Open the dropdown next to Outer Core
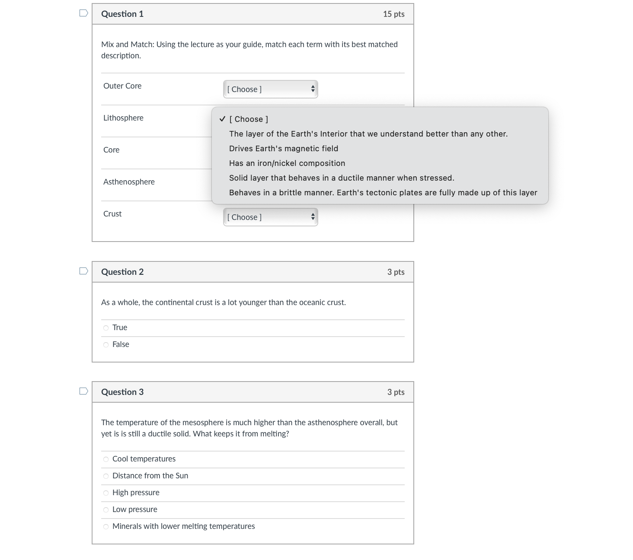[x=271, y=89]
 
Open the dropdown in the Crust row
[x=271, y=217]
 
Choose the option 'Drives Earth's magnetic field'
[x=284, y=149]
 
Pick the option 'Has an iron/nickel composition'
[x=287, y=163]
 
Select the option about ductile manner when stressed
[x=342, y=178]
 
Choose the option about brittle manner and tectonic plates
[x=383, y=193]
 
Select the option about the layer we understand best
[x=368, y=134]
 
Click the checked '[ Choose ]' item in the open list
[x=249, y=119]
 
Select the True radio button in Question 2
[x=106, y=328]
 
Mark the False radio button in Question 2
[x=106, y=345]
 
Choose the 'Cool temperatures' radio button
[x=106, y=459]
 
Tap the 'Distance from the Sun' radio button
[x=106, y=476]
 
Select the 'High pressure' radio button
[x=106, y=493]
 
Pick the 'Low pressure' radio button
[x=106, y=510]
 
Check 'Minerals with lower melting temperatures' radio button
[x=106, y=527]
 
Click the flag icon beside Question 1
[x=84, y=13]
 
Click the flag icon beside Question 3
[x=84, y=391]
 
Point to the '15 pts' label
[x=393, y=14]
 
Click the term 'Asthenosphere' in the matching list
[x=129, y=182]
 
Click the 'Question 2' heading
[x=122, y=272]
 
